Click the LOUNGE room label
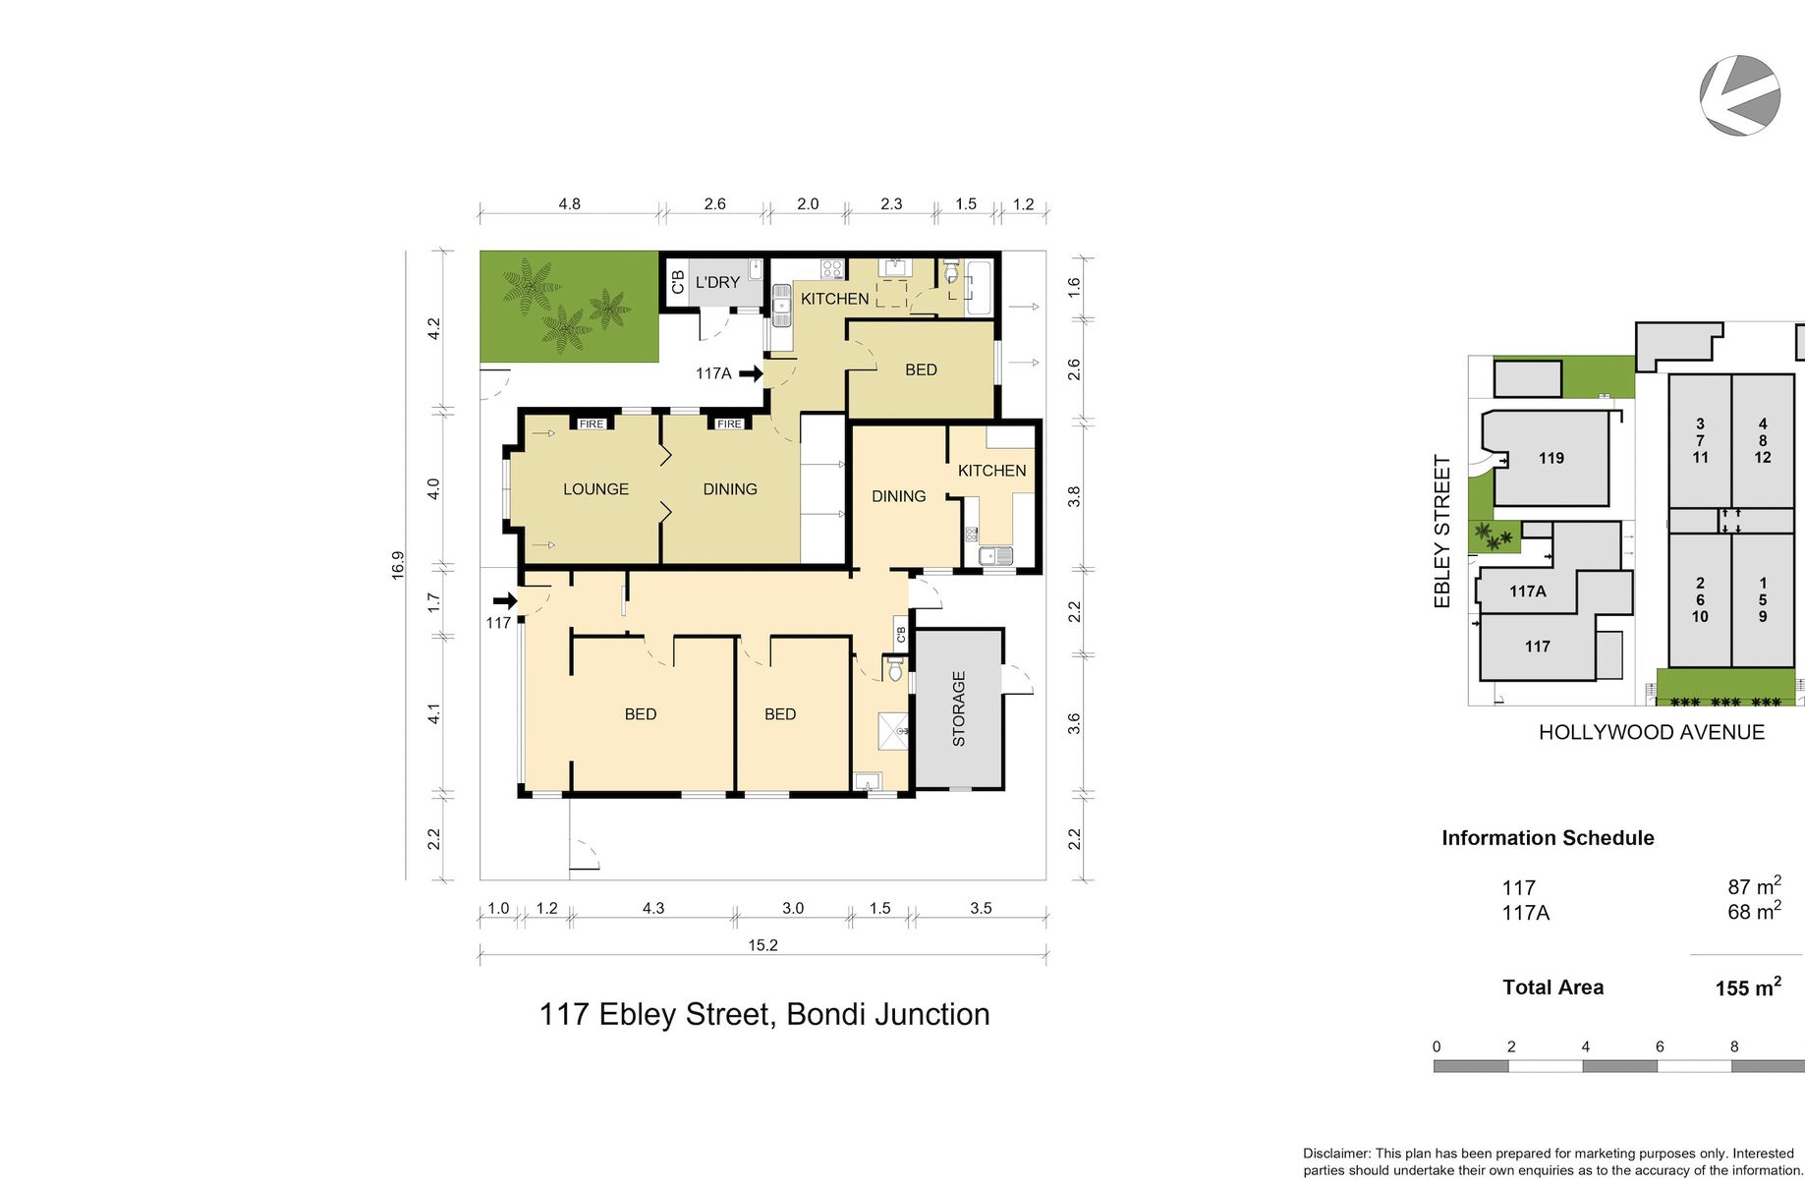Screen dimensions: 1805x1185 point(595,489)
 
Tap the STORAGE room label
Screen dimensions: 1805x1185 point(959,708)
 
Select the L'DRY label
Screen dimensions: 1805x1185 point(717,283)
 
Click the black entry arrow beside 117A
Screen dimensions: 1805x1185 point(752,373)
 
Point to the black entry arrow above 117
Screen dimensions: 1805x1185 point(505,601)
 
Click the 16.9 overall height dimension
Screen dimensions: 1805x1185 point(398,565)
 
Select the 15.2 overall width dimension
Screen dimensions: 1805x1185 point(762,945)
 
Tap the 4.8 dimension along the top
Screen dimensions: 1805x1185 point(569,204)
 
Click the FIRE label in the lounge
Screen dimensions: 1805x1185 point(592,424)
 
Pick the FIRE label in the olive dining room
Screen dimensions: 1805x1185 point(729,424)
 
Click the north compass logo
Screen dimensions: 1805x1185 point(1740,95)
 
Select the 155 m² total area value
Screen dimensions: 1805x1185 point(1748,987)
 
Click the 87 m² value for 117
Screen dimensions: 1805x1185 point(1754,885)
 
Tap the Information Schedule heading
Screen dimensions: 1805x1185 point(1548,838)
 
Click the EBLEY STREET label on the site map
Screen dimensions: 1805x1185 point(1442,532)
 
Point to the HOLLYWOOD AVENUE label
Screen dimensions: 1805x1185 point(1652,732)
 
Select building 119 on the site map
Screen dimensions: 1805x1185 point(1551,458)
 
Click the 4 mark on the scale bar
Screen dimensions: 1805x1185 point(1585,1046)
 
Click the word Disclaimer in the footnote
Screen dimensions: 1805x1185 point(1336,1154)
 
